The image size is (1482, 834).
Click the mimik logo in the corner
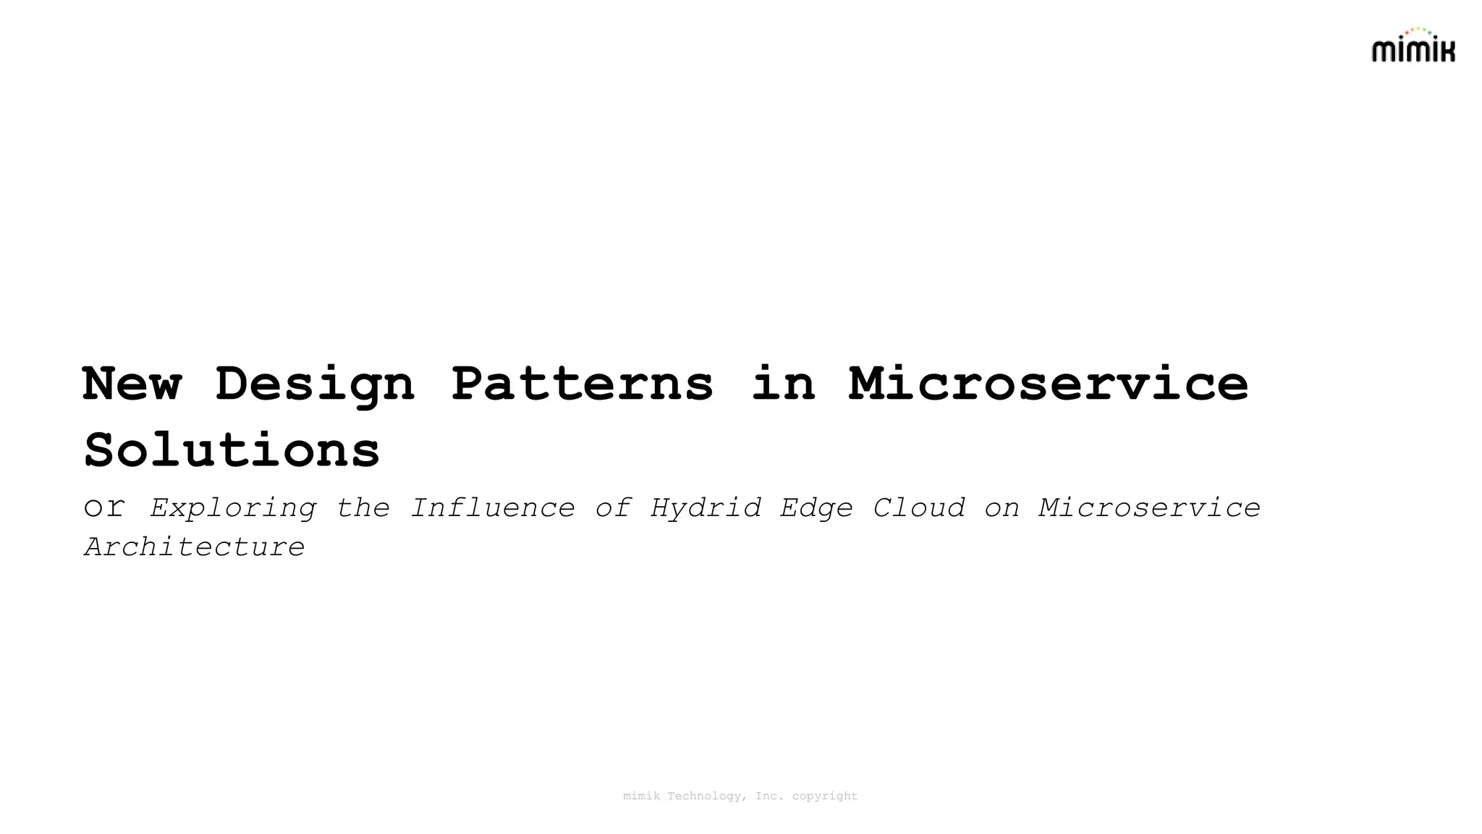click(x=1413, y=47)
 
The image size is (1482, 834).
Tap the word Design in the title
click(x=315, y=384)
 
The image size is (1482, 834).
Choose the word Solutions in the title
click(x=232, y=450)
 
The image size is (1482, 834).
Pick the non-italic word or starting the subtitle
click(x=104, y=507)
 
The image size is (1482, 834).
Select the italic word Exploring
click(x=233, y=508)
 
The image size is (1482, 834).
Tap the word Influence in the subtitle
click(x=492, y=507)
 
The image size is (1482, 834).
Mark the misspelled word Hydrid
click(x=706, y=508)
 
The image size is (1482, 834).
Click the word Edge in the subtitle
click(x=816, y=508)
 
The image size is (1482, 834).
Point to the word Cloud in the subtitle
click(x=919, y=507)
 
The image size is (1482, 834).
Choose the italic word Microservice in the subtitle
click(x=1149, y=507)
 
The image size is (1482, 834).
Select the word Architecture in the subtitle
click(x=195, y=547)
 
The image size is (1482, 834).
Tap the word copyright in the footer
click(x=825, y=796)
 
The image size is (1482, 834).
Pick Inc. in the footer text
click(x=770, y=796)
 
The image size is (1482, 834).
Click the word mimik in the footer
click(x=641, y=796)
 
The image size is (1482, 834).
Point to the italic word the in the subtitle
click(x=363, y=507)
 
